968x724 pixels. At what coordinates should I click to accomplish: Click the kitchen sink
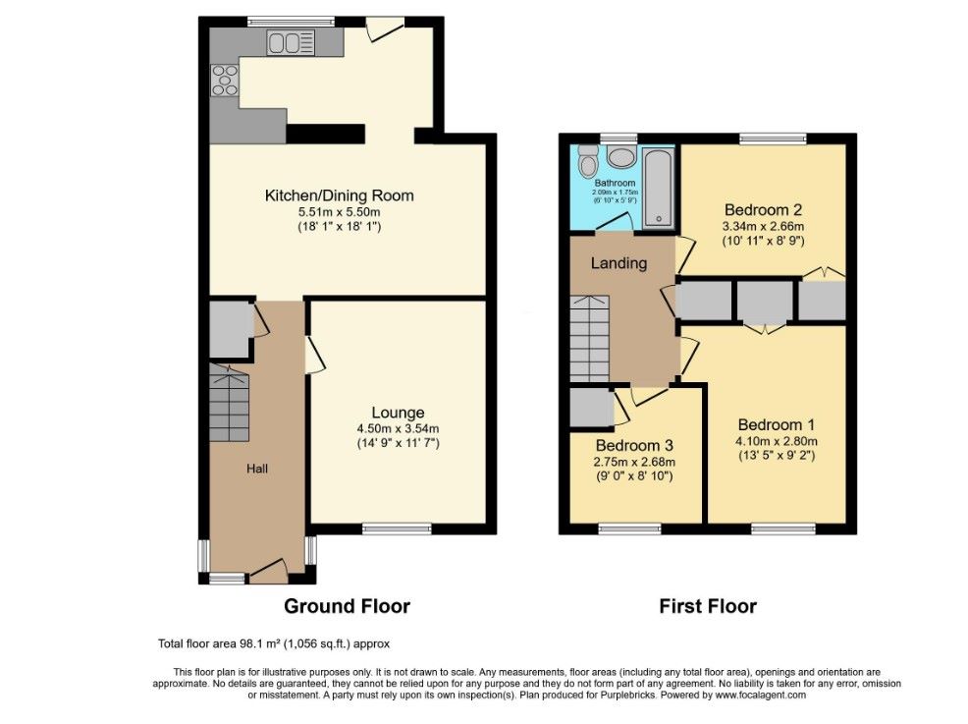click(x=291, y=43)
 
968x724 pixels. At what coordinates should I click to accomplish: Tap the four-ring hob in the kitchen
click(x=225, y=81)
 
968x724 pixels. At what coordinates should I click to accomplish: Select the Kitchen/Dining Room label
click(x=339, y=195)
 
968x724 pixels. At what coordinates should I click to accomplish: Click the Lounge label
click(x=398, y=413)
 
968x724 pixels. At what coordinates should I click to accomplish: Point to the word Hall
click(x=257, y=469)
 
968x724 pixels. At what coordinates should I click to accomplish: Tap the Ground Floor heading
click(x=347, y=606)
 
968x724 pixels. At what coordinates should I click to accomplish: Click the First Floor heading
click(x=708, y=606)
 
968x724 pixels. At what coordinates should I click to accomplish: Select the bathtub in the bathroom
click(x=659, y=188)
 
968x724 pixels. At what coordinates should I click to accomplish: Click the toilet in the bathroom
click(x=588, y=160)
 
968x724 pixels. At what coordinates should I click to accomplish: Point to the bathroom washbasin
click(x=621, y=156)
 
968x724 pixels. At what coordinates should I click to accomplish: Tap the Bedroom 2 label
click(x=763, y=210)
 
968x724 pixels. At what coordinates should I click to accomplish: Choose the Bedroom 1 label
click(x=776, y=425)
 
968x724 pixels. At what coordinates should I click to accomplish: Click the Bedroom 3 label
click(x=634, y=445)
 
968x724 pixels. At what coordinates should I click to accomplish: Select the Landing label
click(x=618, y=264)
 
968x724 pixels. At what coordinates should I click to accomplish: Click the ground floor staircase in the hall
click(x=229, y=402)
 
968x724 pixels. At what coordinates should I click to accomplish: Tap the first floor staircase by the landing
click(x=590, y=339)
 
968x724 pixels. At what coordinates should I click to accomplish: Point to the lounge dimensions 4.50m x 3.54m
click(x=398, y=428)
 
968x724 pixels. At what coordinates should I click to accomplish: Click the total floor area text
click(x=274, y=643)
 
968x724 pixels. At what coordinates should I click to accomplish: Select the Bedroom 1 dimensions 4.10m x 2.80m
click(x=776, y=441)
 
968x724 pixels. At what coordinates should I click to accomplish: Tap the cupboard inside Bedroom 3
click(x=592, y=408)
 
